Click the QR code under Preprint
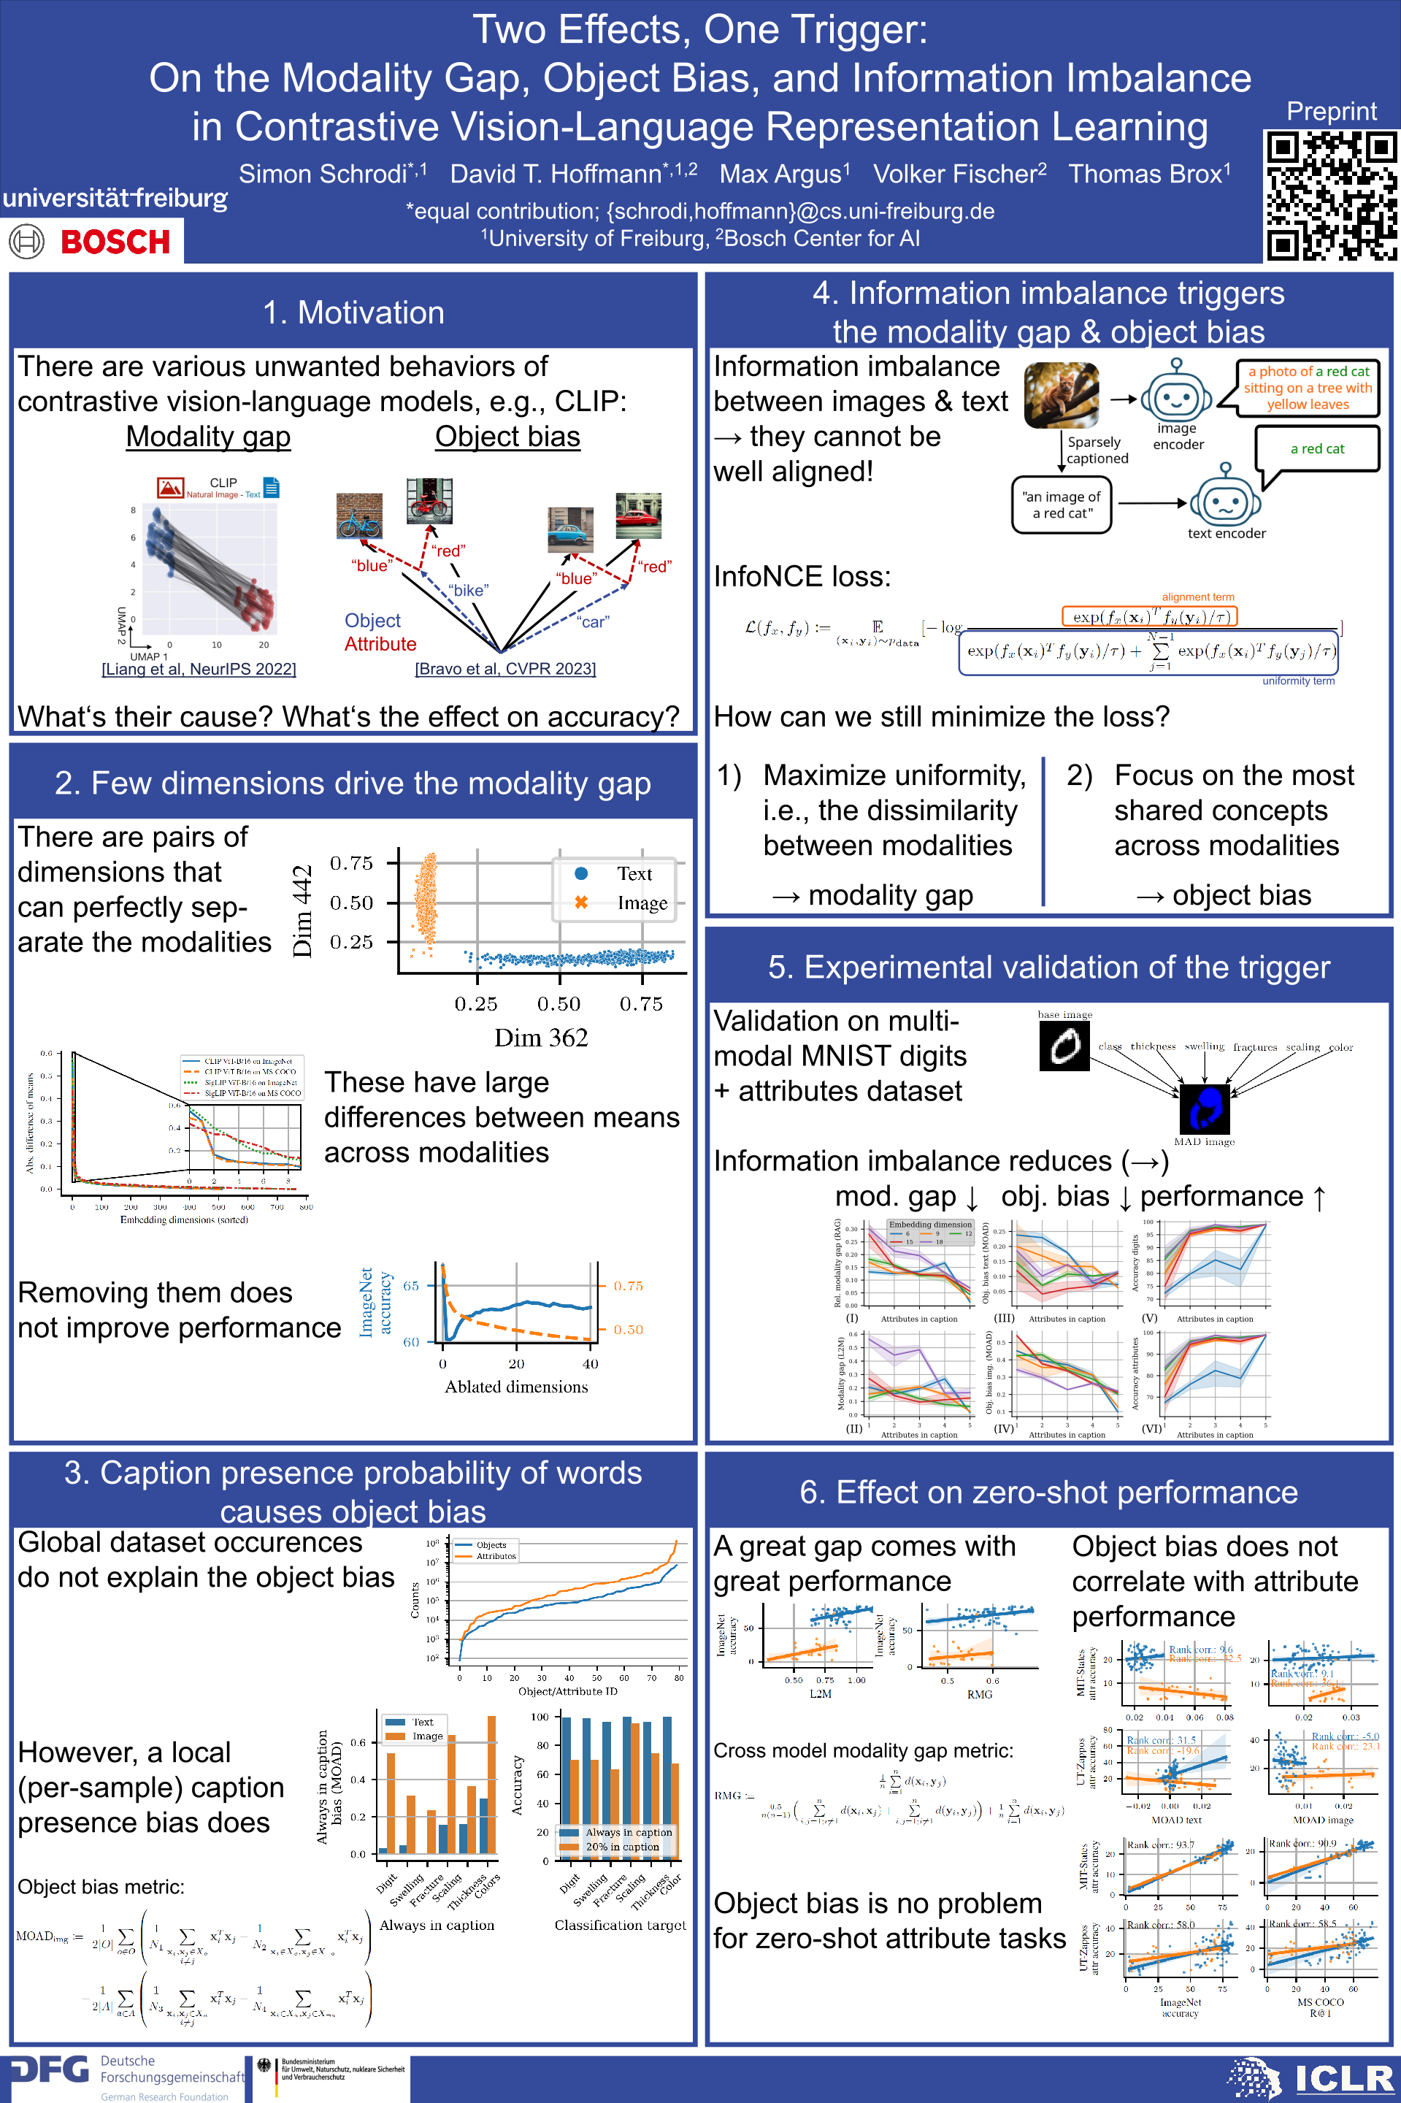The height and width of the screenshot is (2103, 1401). (1330, 196)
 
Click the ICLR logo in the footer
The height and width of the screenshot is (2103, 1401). (1345, 2079)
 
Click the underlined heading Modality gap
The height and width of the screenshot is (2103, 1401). (208, 437)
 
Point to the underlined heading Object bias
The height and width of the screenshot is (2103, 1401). (507, 437)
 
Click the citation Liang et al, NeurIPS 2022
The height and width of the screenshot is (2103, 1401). (199, 670)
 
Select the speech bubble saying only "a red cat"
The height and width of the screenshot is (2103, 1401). (1316, 448)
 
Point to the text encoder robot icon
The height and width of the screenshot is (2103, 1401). (1225, 498)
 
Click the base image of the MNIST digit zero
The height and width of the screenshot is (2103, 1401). (1064, 1046)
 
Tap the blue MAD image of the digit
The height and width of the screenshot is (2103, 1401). (1205, 1108)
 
